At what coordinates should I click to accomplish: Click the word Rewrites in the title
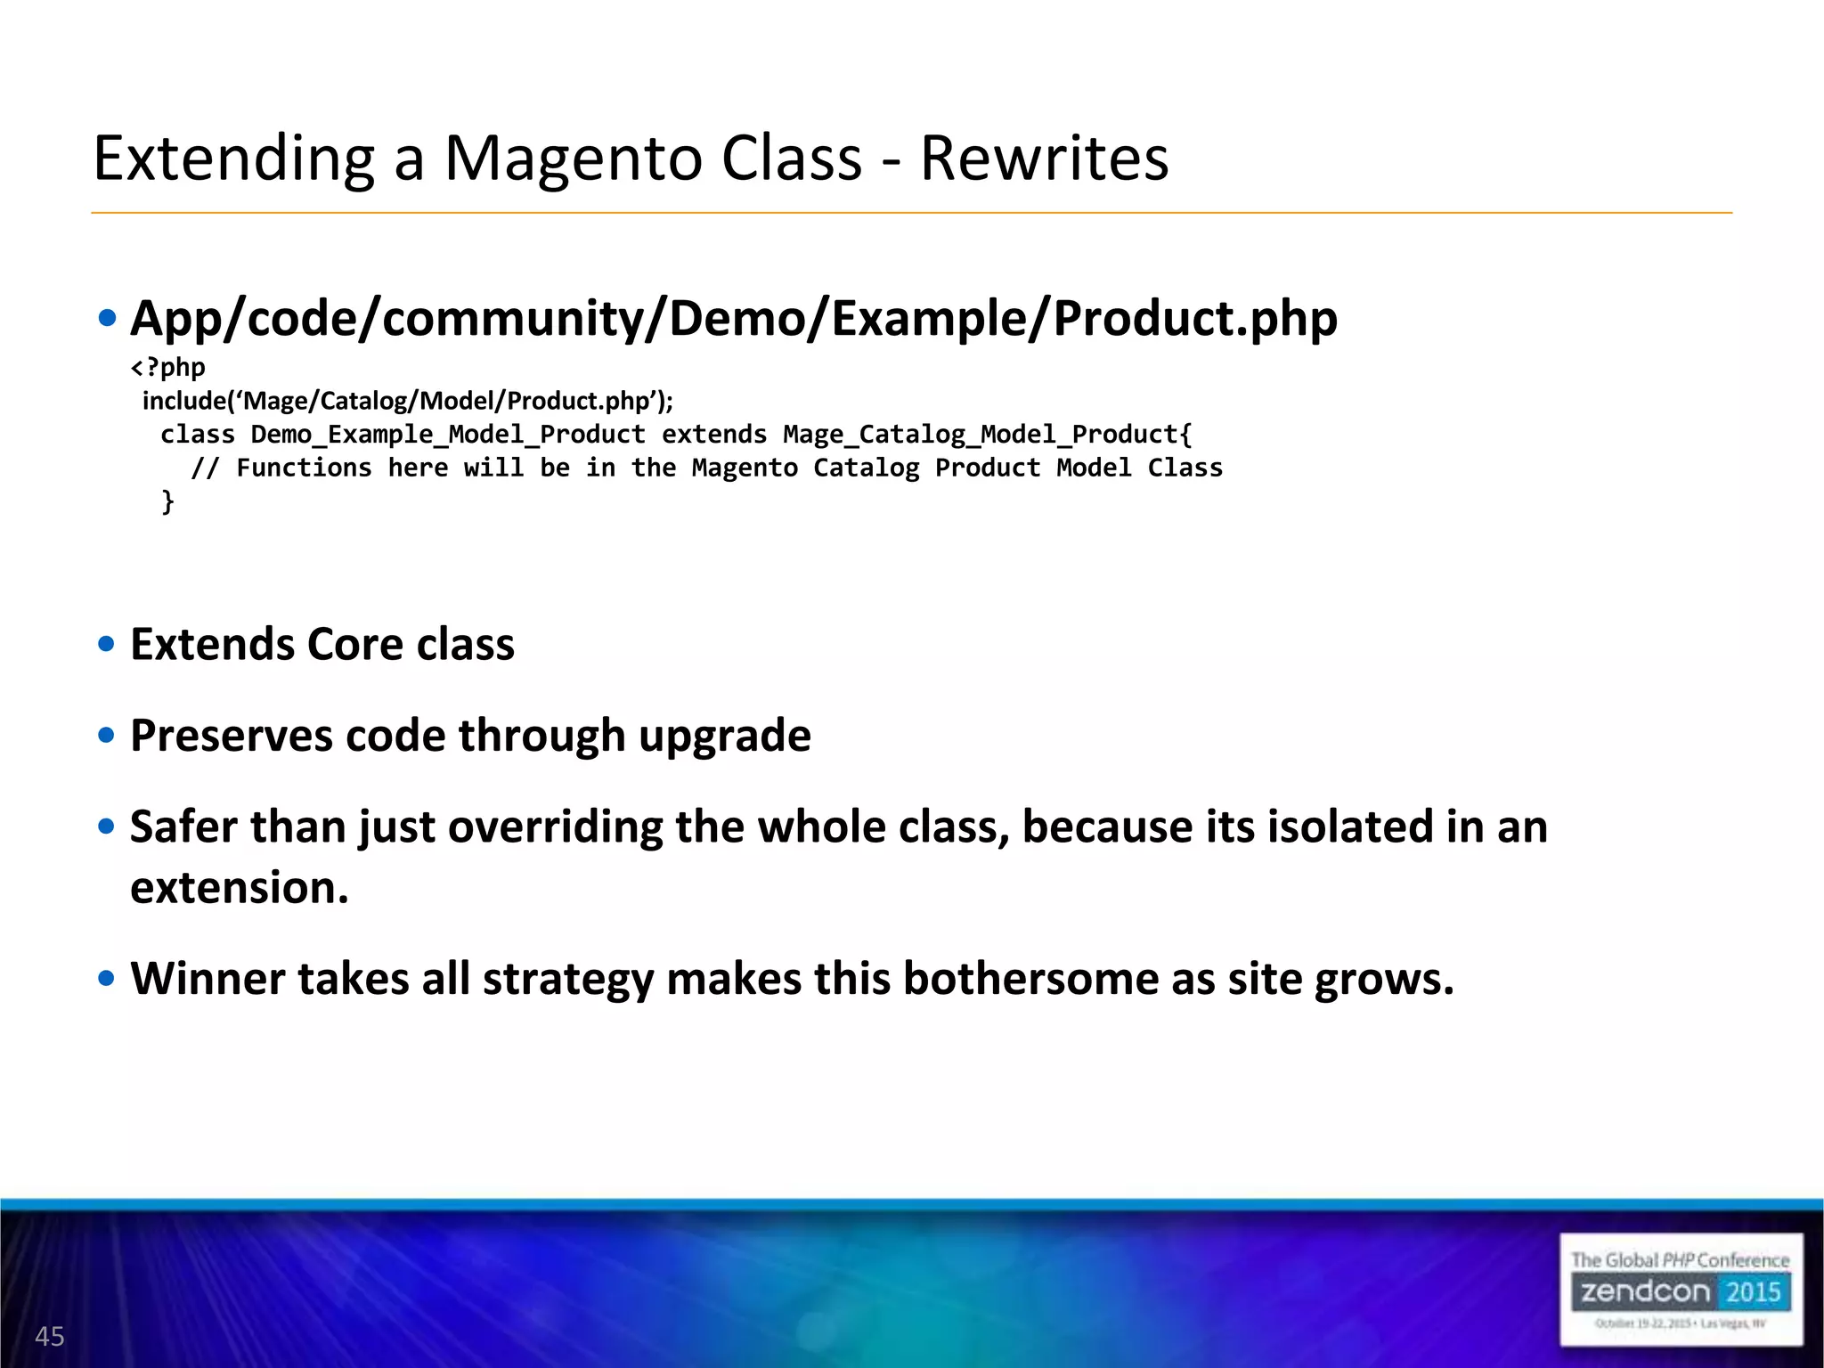(1044, 159)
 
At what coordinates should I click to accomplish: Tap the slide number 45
(50, 1336)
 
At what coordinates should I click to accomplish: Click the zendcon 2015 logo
(1681, 1290)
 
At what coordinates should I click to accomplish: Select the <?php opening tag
(168, 367)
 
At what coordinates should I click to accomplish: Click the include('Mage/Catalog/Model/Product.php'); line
(408, 401)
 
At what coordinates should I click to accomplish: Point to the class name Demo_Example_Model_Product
(448, 435)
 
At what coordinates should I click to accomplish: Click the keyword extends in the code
(713, 435)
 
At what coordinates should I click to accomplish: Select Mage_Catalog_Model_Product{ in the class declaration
(987, 435)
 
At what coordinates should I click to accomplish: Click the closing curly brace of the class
(167, 501)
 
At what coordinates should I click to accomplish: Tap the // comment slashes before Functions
(204, 468)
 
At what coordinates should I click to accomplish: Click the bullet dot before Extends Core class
(107, 644)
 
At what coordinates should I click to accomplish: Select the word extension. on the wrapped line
(240, 888)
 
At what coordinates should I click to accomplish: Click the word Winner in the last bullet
(207, 979)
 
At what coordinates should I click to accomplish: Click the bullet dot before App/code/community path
(107, 319)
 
